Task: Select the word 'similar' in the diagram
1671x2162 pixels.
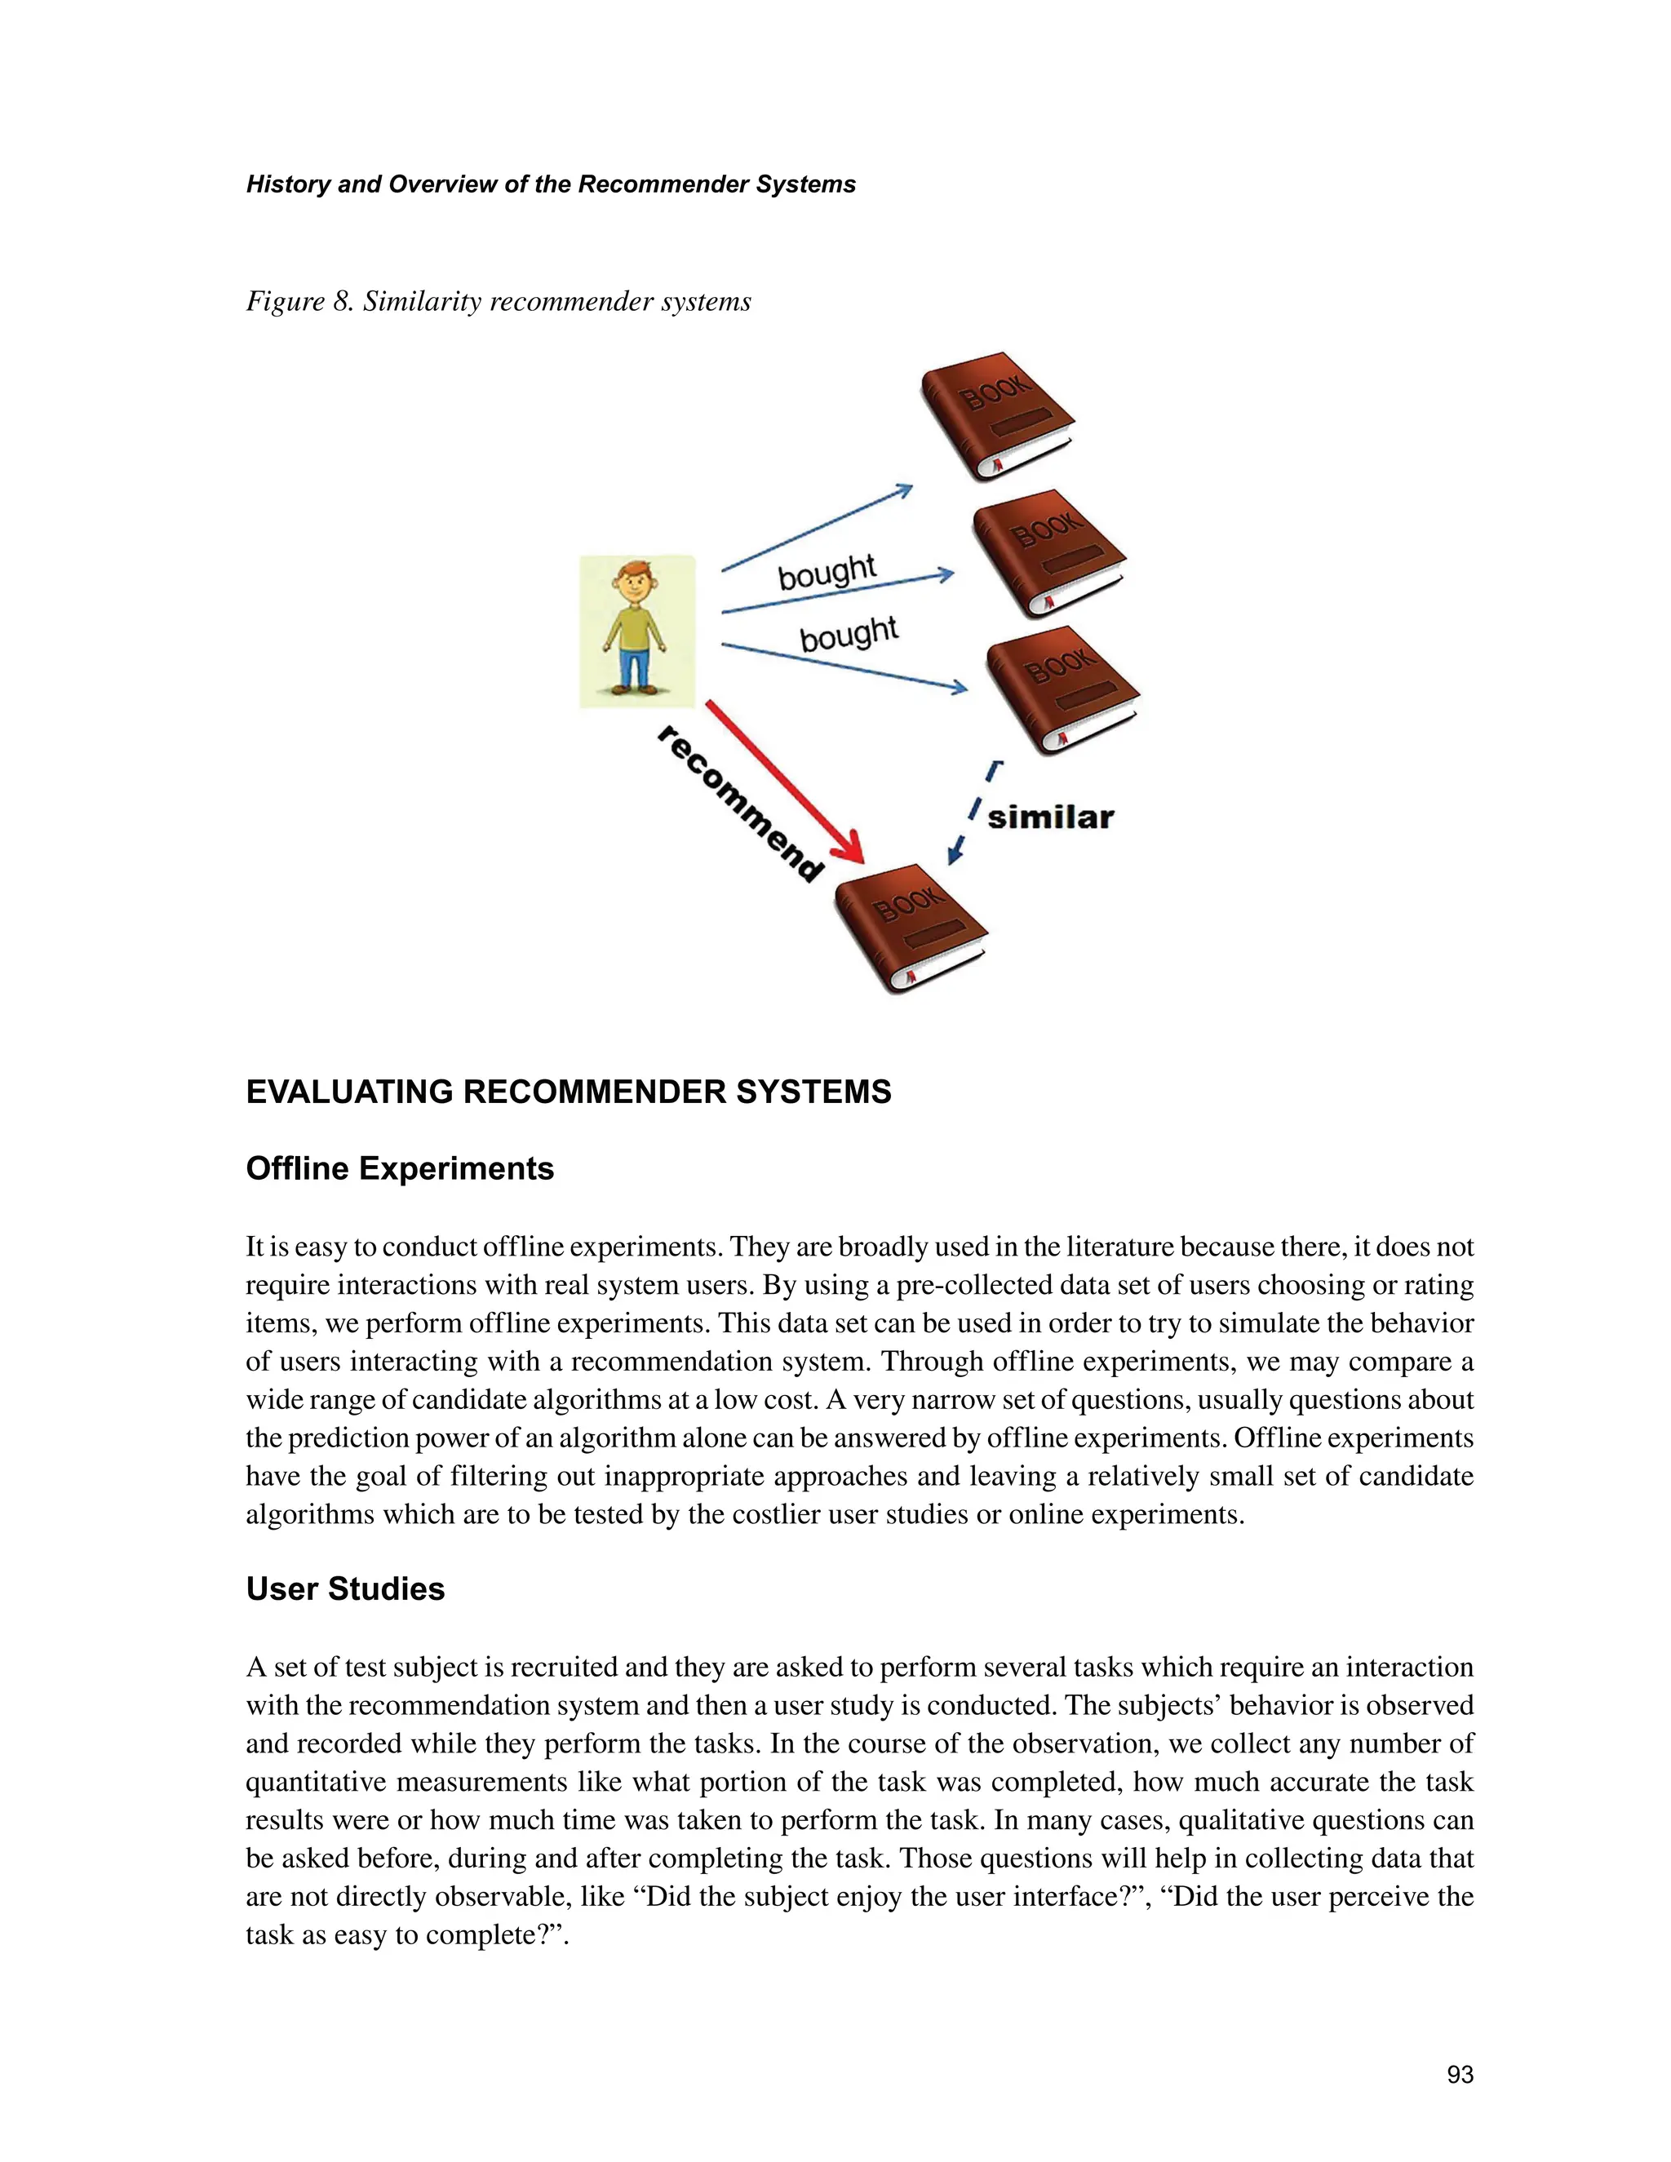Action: tap(1050, 817)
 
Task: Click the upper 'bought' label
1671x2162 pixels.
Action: tap(827, 571)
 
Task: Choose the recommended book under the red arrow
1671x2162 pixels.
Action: tap(910, 928)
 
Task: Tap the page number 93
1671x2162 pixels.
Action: tap(1459, 2074)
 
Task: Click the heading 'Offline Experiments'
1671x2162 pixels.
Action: tap(399, 1168)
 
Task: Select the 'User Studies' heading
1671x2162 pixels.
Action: tap(345, 1588)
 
